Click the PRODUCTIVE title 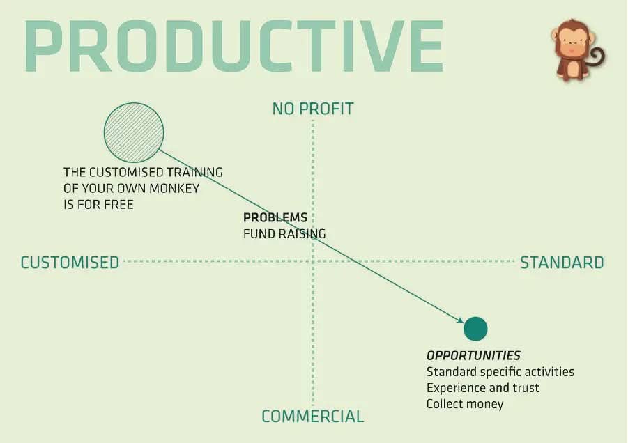point(234,47)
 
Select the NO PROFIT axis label point(313,109)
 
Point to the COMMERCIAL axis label point(312,417)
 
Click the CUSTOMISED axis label point(70,263)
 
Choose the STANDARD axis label point(562,263)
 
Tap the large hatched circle point(134,132)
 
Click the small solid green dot point(475,328)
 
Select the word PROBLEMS point(275,218)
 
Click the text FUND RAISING point(284,234)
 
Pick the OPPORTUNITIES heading point(473,355)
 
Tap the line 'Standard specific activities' point(500,372)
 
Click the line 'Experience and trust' point(482,388)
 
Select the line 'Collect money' point(464,404)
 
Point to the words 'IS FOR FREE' point(98,205)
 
